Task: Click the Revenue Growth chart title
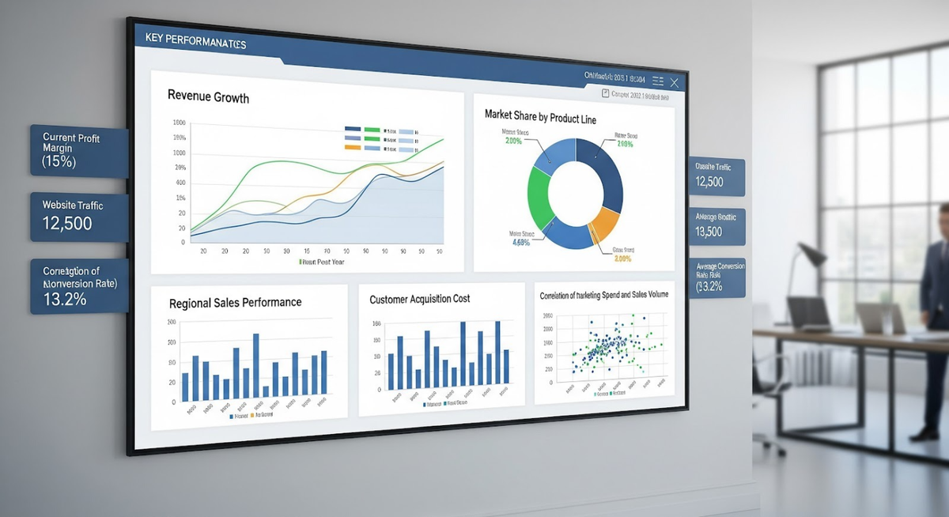tap(208, 98)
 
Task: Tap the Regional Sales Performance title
tap(235, 303)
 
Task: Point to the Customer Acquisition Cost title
tap(419, 299)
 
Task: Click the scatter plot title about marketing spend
tap(603, 295)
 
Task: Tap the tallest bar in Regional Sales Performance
tap(256, 366)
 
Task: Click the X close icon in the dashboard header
tap(674, 82)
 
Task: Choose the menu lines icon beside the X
tap(657, 81)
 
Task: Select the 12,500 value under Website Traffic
tap(67, 224)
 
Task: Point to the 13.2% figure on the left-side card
tap(66, 300)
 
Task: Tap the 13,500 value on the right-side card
tap(709, 232)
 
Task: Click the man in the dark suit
tap(933, 316)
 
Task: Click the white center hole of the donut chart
tap(575, 194)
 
